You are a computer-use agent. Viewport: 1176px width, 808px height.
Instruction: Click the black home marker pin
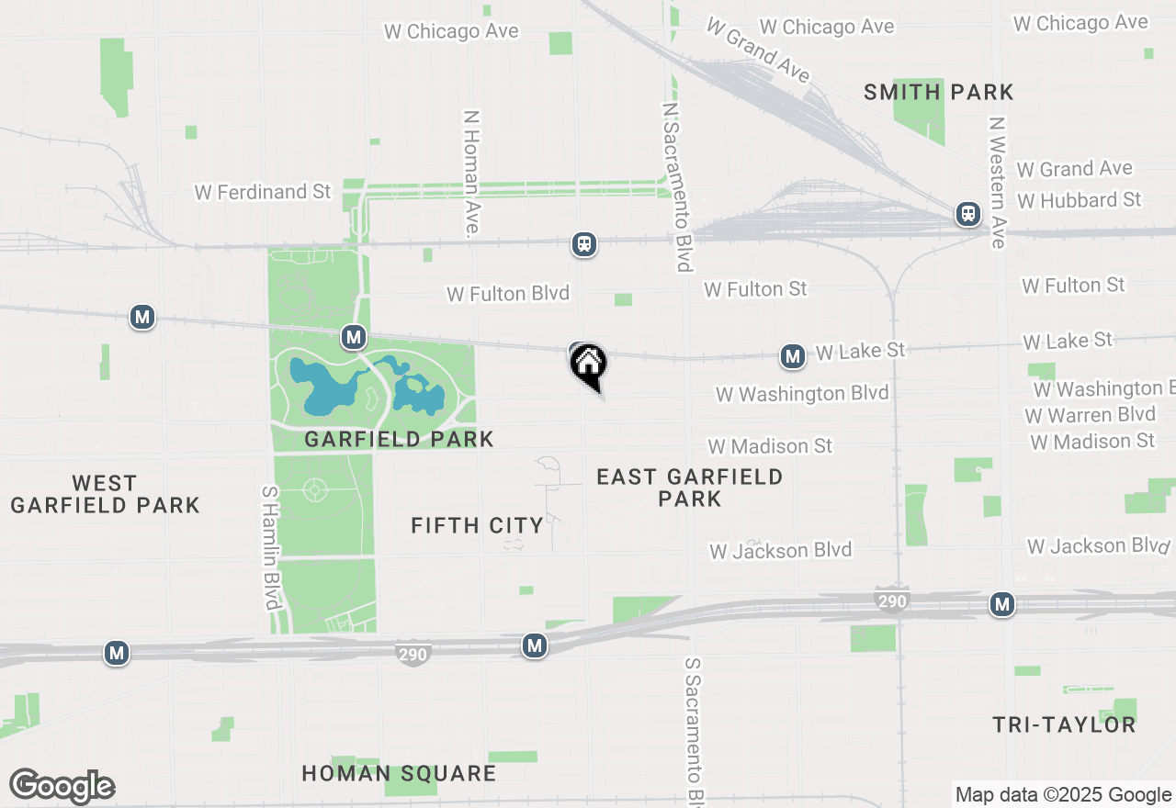tap(588, 365)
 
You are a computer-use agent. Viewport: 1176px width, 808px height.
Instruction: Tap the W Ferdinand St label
tap(263, 192)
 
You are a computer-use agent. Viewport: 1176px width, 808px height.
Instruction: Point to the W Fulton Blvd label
tap(508, 294)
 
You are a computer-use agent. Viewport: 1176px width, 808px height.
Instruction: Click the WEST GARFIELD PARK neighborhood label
tap(105, 494)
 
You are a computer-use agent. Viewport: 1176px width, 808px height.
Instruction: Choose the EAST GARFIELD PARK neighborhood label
tap(689, 488)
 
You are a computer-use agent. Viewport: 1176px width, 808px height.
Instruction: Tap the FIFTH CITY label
tap(477, 525)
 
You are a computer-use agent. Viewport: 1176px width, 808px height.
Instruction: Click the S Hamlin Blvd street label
tap(270, 547)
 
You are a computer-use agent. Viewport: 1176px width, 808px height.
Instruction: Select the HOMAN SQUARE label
tap(399, 773)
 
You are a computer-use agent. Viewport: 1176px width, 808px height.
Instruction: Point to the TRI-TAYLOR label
tap(1064, 724)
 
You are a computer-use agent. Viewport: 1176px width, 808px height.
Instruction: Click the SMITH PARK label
tap(939, 92)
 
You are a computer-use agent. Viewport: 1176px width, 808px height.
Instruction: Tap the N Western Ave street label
tap(998, 182)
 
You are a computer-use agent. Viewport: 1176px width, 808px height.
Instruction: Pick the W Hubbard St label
tap(1080, 200)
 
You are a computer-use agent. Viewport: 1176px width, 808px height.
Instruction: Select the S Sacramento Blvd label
tap(695, 730)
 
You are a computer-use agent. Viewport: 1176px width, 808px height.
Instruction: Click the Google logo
tap(62, 786)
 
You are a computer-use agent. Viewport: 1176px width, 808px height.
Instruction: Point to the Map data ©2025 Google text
tap(1063, 795)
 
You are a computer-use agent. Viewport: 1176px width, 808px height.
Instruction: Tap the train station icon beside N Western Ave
tap(967, 214)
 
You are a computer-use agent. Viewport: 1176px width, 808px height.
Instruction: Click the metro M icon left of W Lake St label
tap(793, 356)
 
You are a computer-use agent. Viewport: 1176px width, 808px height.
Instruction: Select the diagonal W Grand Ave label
tap(757, 49)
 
